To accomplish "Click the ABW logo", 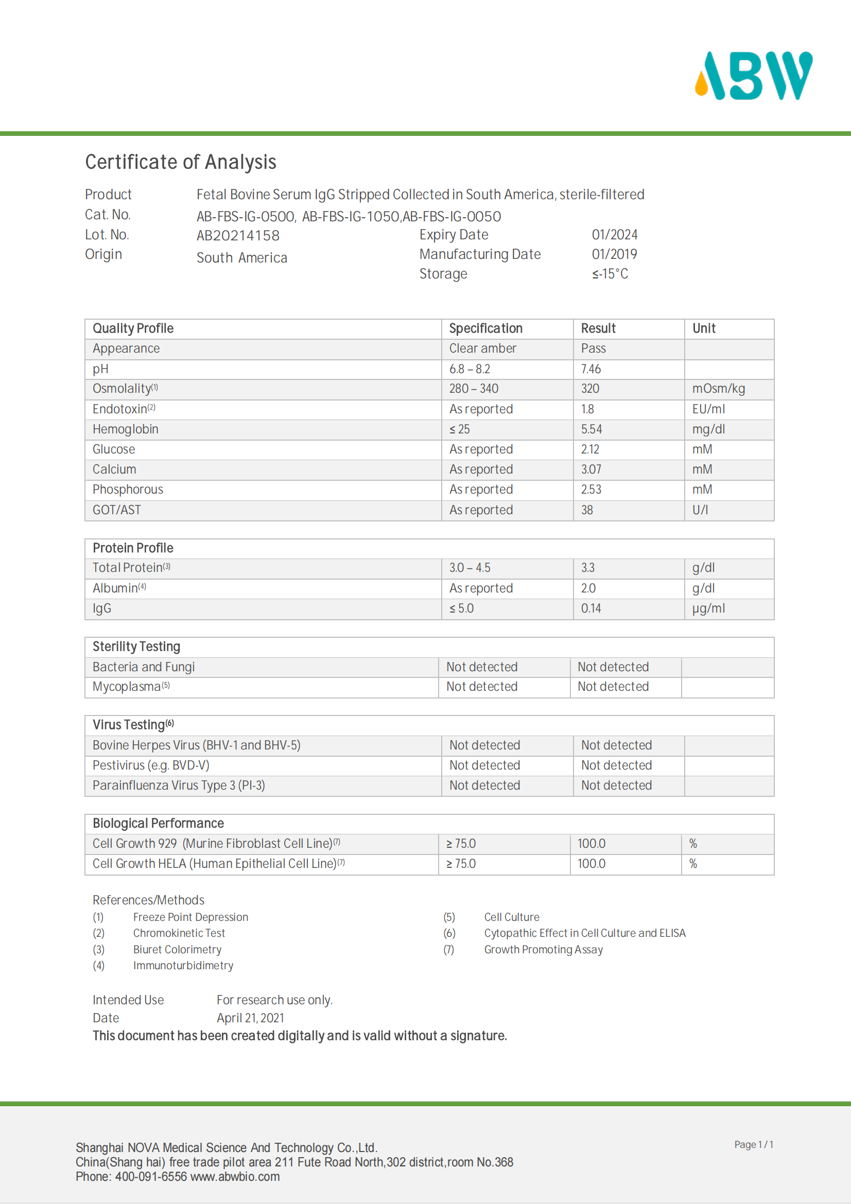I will click(753, 76).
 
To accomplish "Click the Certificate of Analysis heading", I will click(180, 162).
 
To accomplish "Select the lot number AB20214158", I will click(238, 235).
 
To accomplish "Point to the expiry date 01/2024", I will click(615, 234).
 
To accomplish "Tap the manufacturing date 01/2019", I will click(615, 254).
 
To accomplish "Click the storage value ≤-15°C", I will click(610, 274).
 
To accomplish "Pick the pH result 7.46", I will click(591, 369).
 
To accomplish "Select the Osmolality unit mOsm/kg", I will click(718, 389).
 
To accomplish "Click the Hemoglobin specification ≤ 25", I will click(459, 429).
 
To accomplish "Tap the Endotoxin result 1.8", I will click(587, 409).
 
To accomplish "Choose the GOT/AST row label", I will click(117, 510).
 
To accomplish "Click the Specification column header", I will click(485, 328).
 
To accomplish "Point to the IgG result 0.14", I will click(591, 608).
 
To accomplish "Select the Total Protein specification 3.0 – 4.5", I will click(470, 568).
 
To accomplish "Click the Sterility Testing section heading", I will click(136, 647).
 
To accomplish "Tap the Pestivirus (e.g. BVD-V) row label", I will click(151, 765).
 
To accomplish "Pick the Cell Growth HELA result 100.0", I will click(592, 864).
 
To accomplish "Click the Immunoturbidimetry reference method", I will click(183, 965).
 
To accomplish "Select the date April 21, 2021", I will click(250, 1018).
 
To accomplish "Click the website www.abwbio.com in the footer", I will click(235, 1176).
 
